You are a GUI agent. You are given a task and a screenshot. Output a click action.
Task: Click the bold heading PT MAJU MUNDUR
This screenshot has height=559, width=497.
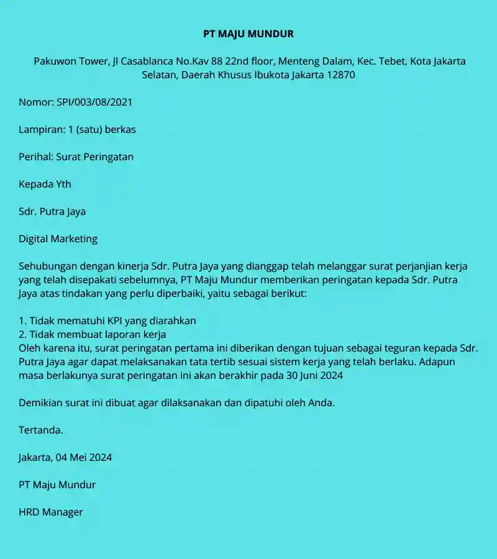[248, 34]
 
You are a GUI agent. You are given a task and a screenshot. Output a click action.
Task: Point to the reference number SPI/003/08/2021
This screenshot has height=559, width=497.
[94, 102]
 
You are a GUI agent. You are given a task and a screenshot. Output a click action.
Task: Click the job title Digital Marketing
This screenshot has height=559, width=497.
[58, 239]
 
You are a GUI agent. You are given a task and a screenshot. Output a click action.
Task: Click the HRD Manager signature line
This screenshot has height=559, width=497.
[51, 512]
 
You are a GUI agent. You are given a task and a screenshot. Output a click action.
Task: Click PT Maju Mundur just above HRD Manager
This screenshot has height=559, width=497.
[57, 485]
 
